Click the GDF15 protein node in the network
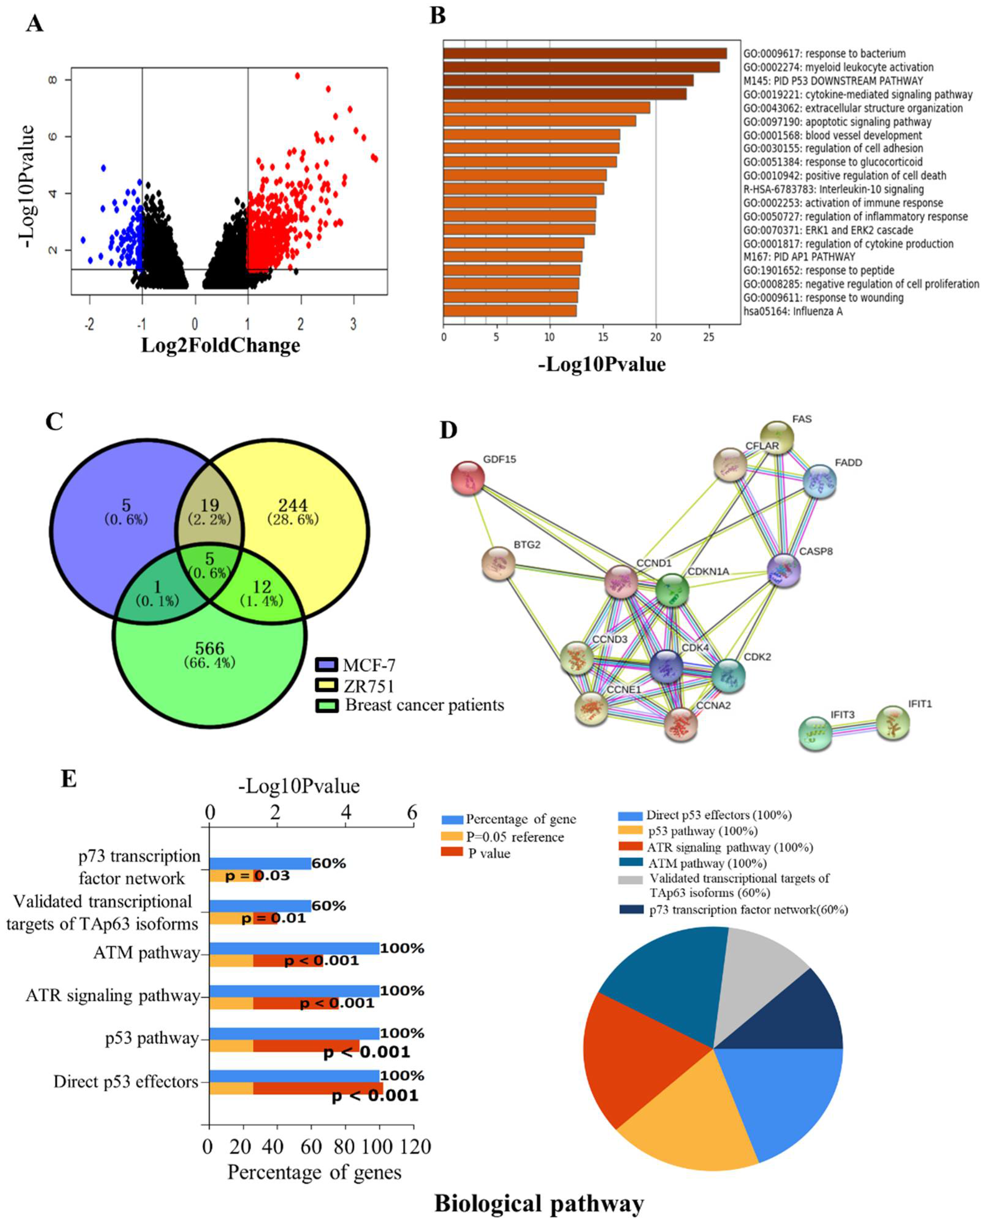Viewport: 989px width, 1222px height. tap(468, 478)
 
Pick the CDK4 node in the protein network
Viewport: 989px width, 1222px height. tap(666, 666)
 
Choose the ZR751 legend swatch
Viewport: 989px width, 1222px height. tap(326, 686)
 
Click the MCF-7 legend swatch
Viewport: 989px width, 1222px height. tap(326, 665)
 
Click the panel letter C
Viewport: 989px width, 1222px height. tap(54, 422)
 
